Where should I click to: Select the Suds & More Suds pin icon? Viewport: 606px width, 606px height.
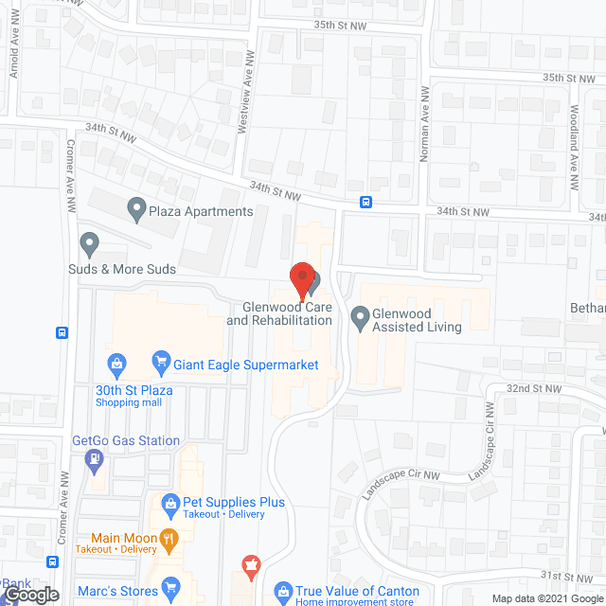(90, 244)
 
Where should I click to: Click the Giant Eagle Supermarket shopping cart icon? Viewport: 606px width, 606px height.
(160, 362)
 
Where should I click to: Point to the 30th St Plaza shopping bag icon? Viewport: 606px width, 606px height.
(116, 362)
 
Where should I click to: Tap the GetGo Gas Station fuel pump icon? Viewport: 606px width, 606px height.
(95, 460)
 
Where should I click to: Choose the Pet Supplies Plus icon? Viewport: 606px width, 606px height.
(171, 503)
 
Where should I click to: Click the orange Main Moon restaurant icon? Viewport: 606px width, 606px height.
(169, 541)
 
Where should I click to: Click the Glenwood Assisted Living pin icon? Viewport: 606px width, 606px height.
(360, 318)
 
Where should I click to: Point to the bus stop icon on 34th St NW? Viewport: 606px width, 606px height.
(365, 202)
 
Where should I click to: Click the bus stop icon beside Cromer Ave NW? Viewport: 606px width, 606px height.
(62, 332)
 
